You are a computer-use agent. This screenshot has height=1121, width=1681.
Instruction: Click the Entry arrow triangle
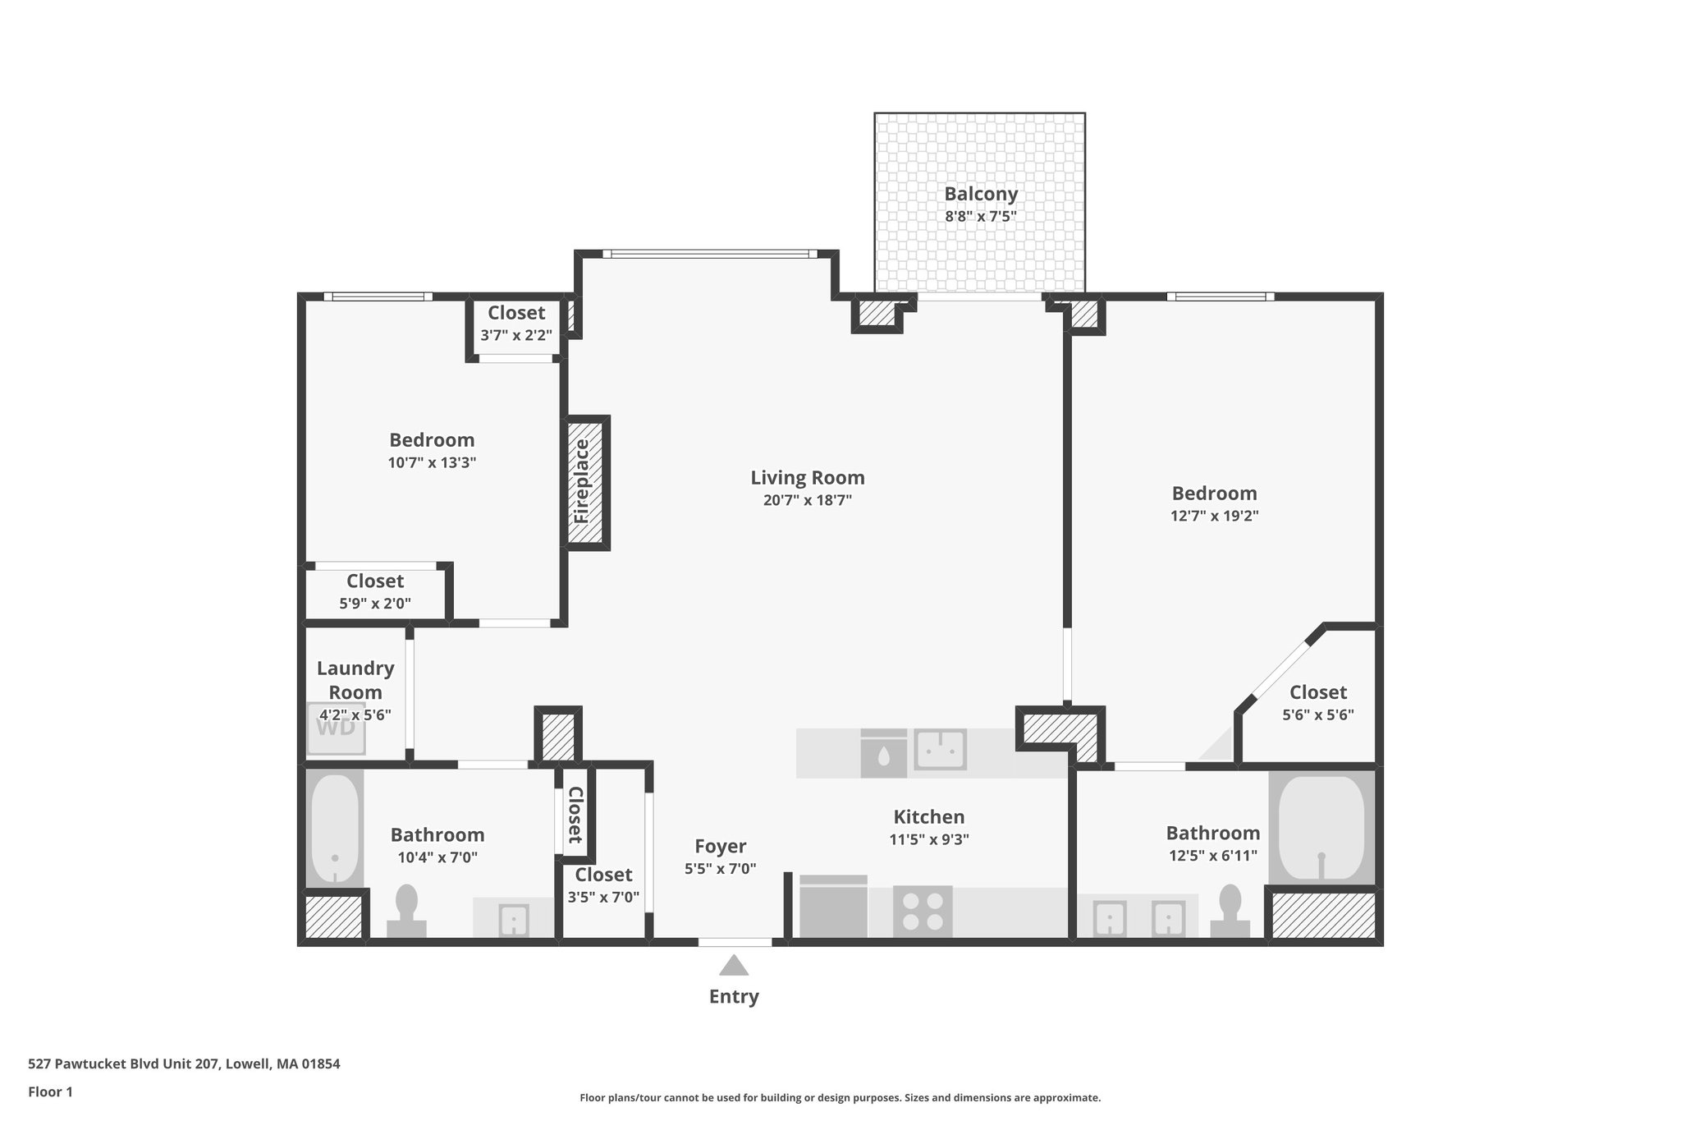tap(734, 966)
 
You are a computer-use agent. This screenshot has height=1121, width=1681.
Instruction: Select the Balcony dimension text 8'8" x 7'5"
tap(981, 217)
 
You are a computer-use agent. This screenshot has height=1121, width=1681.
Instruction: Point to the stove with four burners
tap(923, 911)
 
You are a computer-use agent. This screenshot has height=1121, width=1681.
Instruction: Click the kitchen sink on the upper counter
tap(941, 749)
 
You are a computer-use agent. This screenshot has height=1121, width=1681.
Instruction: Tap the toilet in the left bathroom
tap(406, 911)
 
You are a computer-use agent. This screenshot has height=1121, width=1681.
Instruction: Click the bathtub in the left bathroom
tap(335, 829)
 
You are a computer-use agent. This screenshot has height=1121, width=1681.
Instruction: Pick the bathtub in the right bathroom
tap(1321, 829)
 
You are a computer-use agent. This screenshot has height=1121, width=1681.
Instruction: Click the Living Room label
tap(808, 478)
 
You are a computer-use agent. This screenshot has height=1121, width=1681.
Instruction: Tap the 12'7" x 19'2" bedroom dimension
tap(1214, 516)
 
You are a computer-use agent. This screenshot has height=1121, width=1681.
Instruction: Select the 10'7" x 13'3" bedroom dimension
tap(432, 462)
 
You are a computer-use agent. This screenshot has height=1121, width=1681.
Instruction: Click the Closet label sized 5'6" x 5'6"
tap(1317, 692)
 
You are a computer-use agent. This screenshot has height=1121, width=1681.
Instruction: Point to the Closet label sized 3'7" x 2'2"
tap(516, 313)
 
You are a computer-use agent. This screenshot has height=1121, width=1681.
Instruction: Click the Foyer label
tap(720, 847)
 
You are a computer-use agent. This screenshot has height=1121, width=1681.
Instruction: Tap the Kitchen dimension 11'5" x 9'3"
tap(928, 839)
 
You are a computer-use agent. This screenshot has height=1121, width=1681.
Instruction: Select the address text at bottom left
tap(184, 1064)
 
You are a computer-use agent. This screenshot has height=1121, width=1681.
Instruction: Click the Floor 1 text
tap(50, 1091)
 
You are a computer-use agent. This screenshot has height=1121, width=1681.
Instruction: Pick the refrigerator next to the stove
tap(833, 908)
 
